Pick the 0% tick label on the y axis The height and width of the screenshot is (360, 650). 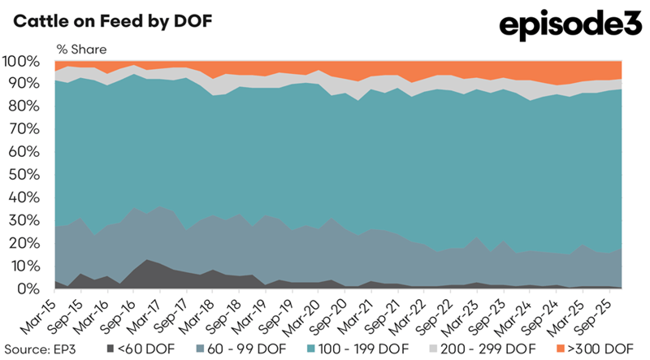click(26, 288)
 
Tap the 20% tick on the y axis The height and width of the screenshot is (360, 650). click(23, 243)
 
